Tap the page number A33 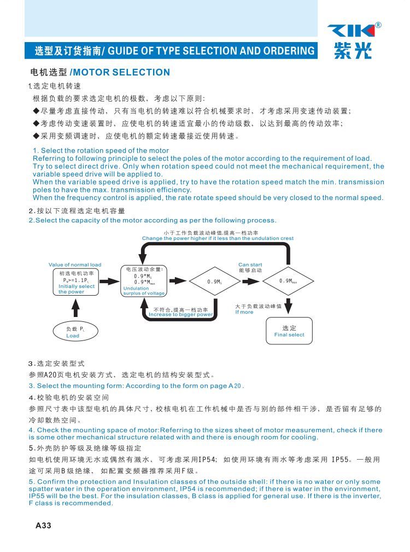[43, 526]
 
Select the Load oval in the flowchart [73, 332]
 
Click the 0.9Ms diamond [214, 281]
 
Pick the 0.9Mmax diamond [289, 281]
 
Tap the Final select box [289, 331]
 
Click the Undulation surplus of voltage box [143, 281]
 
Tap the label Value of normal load [75, 265]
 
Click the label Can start [250, 265]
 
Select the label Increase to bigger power [181, 315]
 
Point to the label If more [244, 313]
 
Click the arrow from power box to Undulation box [110, 281]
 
